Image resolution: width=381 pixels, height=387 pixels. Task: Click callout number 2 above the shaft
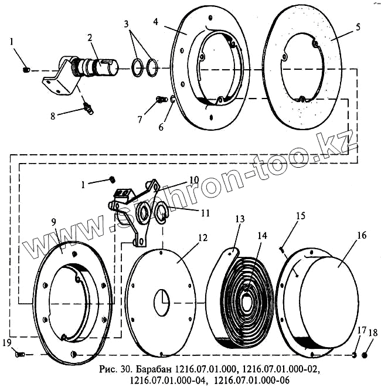90,38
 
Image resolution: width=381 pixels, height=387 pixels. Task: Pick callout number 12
203,238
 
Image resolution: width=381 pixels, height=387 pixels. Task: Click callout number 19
7,343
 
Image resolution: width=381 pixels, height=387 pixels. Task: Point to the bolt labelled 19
19,354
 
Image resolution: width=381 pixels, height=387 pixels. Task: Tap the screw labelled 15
282,249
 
